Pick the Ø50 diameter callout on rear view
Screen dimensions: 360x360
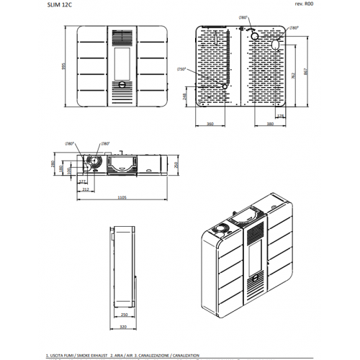click(x=181, y=69)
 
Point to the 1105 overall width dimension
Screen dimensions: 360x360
click(x=122, y=197)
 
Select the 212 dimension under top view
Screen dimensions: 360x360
click(x=86, y=189)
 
